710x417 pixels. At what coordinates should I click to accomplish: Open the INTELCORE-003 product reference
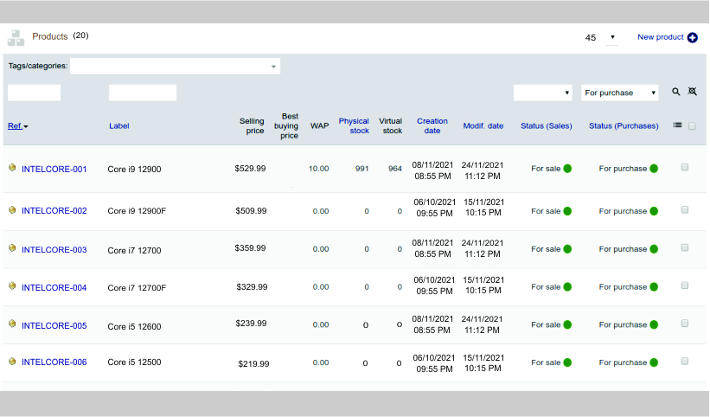pos(54,250)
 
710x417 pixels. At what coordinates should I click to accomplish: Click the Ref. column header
pos(16,125)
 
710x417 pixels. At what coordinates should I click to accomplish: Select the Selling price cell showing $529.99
pos(250,168)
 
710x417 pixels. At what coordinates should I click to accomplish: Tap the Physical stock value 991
pos(361,169)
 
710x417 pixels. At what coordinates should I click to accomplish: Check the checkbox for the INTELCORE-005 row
pos(684,324)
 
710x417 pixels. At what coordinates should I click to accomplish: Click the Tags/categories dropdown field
pos(175,66)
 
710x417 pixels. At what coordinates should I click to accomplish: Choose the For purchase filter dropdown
pos(619,93)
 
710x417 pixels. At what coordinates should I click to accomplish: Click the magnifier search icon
pos(676,92)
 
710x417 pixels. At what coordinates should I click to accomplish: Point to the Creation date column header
pos(432,125)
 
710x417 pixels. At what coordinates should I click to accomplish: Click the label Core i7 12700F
pos(137,288)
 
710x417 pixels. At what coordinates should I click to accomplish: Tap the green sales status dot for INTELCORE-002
pos(567,211)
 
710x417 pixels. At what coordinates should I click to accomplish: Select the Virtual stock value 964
pos(394,169)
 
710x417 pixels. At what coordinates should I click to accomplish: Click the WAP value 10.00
pos(319,169)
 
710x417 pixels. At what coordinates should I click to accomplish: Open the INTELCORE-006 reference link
pos(54,362)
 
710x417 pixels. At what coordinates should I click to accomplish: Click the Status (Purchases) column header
pos(624,125)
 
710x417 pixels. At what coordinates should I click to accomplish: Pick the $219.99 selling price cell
pos(253,364)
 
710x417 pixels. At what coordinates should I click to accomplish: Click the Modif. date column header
pos(483,125)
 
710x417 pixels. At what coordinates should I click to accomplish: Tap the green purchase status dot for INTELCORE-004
pos(655,287)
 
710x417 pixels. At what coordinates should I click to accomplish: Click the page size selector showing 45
pos(600,37)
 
